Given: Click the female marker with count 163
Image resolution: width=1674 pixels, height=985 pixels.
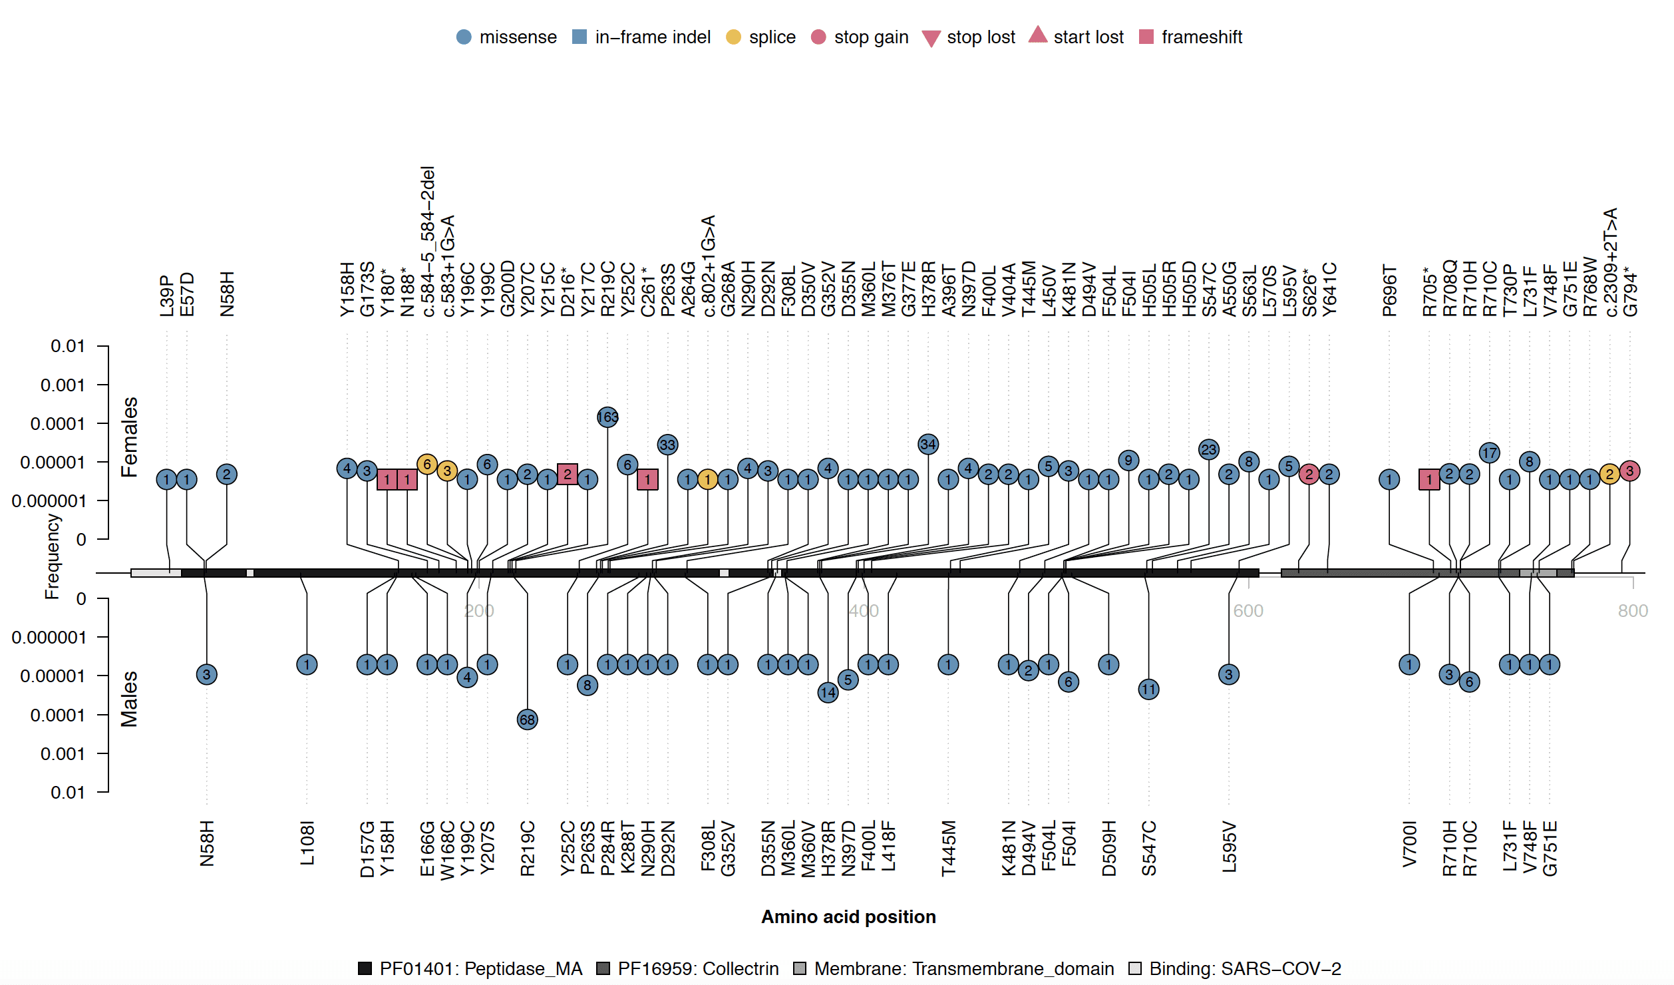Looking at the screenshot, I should [x=607, y=417].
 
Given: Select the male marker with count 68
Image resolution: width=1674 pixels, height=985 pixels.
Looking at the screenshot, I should [x=527, y=719].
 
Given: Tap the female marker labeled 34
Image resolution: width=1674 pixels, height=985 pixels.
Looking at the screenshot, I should [x=927, y=444].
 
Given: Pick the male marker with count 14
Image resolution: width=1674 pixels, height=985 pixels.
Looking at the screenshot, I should [x=828, y=693].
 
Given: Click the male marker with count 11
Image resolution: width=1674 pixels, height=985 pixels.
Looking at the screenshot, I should [x=1148, y=689].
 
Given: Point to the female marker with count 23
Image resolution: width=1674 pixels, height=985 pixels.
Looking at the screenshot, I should [x=1208, y=450].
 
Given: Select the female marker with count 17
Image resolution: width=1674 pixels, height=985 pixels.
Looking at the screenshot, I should [x=1489, y=453].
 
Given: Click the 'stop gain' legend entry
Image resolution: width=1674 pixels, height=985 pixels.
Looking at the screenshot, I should [x=860, y=37].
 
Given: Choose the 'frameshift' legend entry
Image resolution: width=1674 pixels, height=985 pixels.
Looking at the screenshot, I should [x=1190, y=37].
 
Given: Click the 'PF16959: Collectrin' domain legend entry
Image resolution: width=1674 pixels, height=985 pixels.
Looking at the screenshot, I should [x=688, y=968].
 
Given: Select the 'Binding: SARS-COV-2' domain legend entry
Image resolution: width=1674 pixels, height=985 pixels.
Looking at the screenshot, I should [x=1235, y=968].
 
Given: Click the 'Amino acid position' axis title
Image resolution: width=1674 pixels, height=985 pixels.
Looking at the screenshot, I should [x=848, y=917].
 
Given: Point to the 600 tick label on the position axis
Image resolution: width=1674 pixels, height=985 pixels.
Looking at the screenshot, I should [x=1248, y=611].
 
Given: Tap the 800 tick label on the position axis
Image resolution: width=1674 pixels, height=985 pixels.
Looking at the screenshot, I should [x=1632, y=611].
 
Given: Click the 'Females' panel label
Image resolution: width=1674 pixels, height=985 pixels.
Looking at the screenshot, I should [x=129, y=437].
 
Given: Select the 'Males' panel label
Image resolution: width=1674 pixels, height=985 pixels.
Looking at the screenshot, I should [x=129, y=699].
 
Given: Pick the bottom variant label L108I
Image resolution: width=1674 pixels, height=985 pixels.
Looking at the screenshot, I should [x=307, y=843].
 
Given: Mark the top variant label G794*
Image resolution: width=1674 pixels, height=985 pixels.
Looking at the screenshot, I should [x=1629, y=292].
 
